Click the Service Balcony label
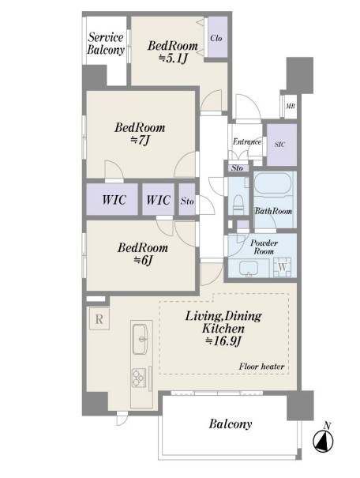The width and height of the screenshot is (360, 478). pos(106,43)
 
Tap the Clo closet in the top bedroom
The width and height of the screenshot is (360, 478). pos(217,36)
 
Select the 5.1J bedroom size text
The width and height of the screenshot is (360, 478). pos(173,58)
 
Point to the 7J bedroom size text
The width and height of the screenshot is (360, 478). pos(140,140)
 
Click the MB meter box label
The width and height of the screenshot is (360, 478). pos(290,107)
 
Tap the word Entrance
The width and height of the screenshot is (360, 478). pos(247,141)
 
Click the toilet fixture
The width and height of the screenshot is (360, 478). pos(238,205)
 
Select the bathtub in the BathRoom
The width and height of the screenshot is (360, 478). pos(272,183)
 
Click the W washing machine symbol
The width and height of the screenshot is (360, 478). pos(283,267)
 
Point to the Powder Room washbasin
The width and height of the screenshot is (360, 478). pos(249,269)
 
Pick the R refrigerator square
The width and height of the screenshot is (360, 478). pos(99,319)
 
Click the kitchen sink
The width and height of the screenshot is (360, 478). pos(140,339)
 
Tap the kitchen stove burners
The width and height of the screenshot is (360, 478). pos(137,378)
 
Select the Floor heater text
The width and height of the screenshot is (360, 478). pos(261,366)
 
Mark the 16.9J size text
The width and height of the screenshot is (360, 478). pos(223,341)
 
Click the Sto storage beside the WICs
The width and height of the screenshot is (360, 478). pos(187,199)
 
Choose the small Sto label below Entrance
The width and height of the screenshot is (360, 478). pos(237,168)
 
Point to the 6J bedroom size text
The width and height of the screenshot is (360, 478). pos(144,260)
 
